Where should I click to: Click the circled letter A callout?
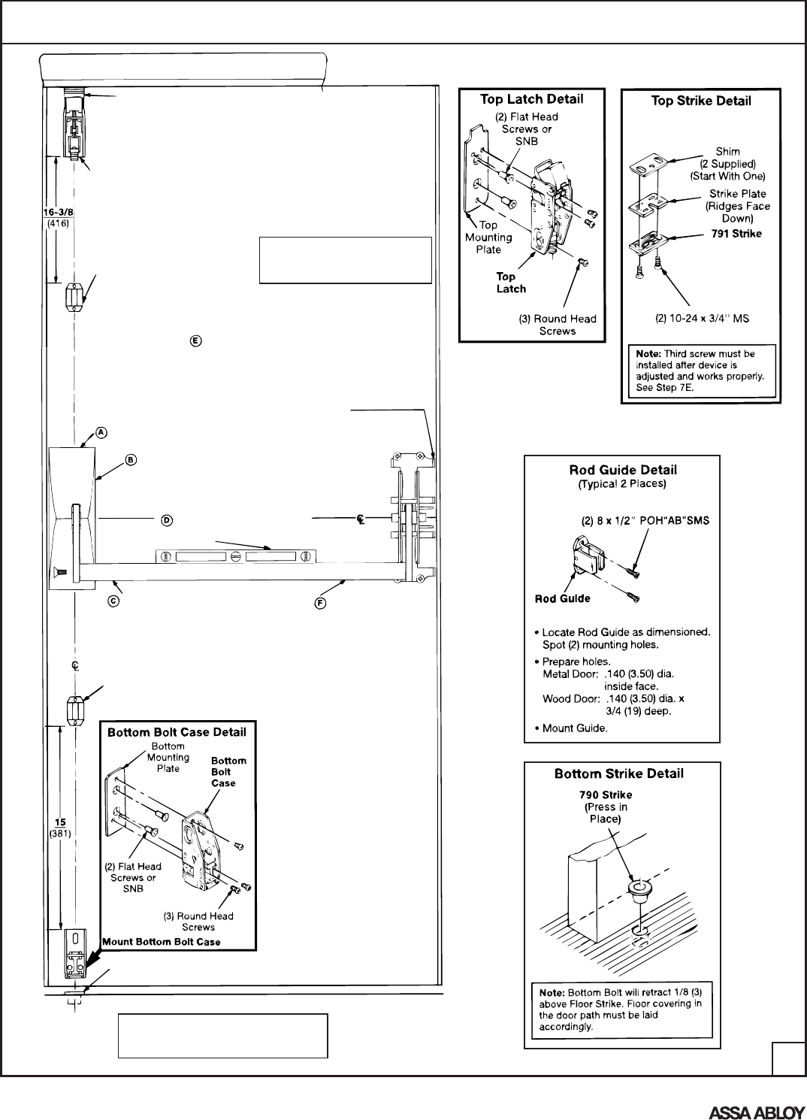(101, 432)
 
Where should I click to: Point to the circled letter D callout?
(167, 519)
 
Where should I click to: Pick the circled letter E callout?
(195, 341)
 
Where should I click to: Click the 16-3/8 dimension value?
(58, 212)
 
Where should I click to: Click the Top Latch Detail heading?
(531, 99)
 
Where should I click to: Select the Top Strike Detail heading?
(700, 101)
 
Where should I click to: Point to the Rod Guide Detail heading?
(621, 471)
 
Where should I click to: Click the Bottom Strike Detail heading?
(619, 773)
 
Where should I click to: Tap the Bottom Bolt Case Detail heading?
(177, 731)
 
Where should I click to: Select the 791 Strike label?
(736, 234)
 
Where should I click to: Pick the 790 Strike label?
(606, 795)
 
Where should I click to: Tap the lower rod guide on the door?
(75, 710)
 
